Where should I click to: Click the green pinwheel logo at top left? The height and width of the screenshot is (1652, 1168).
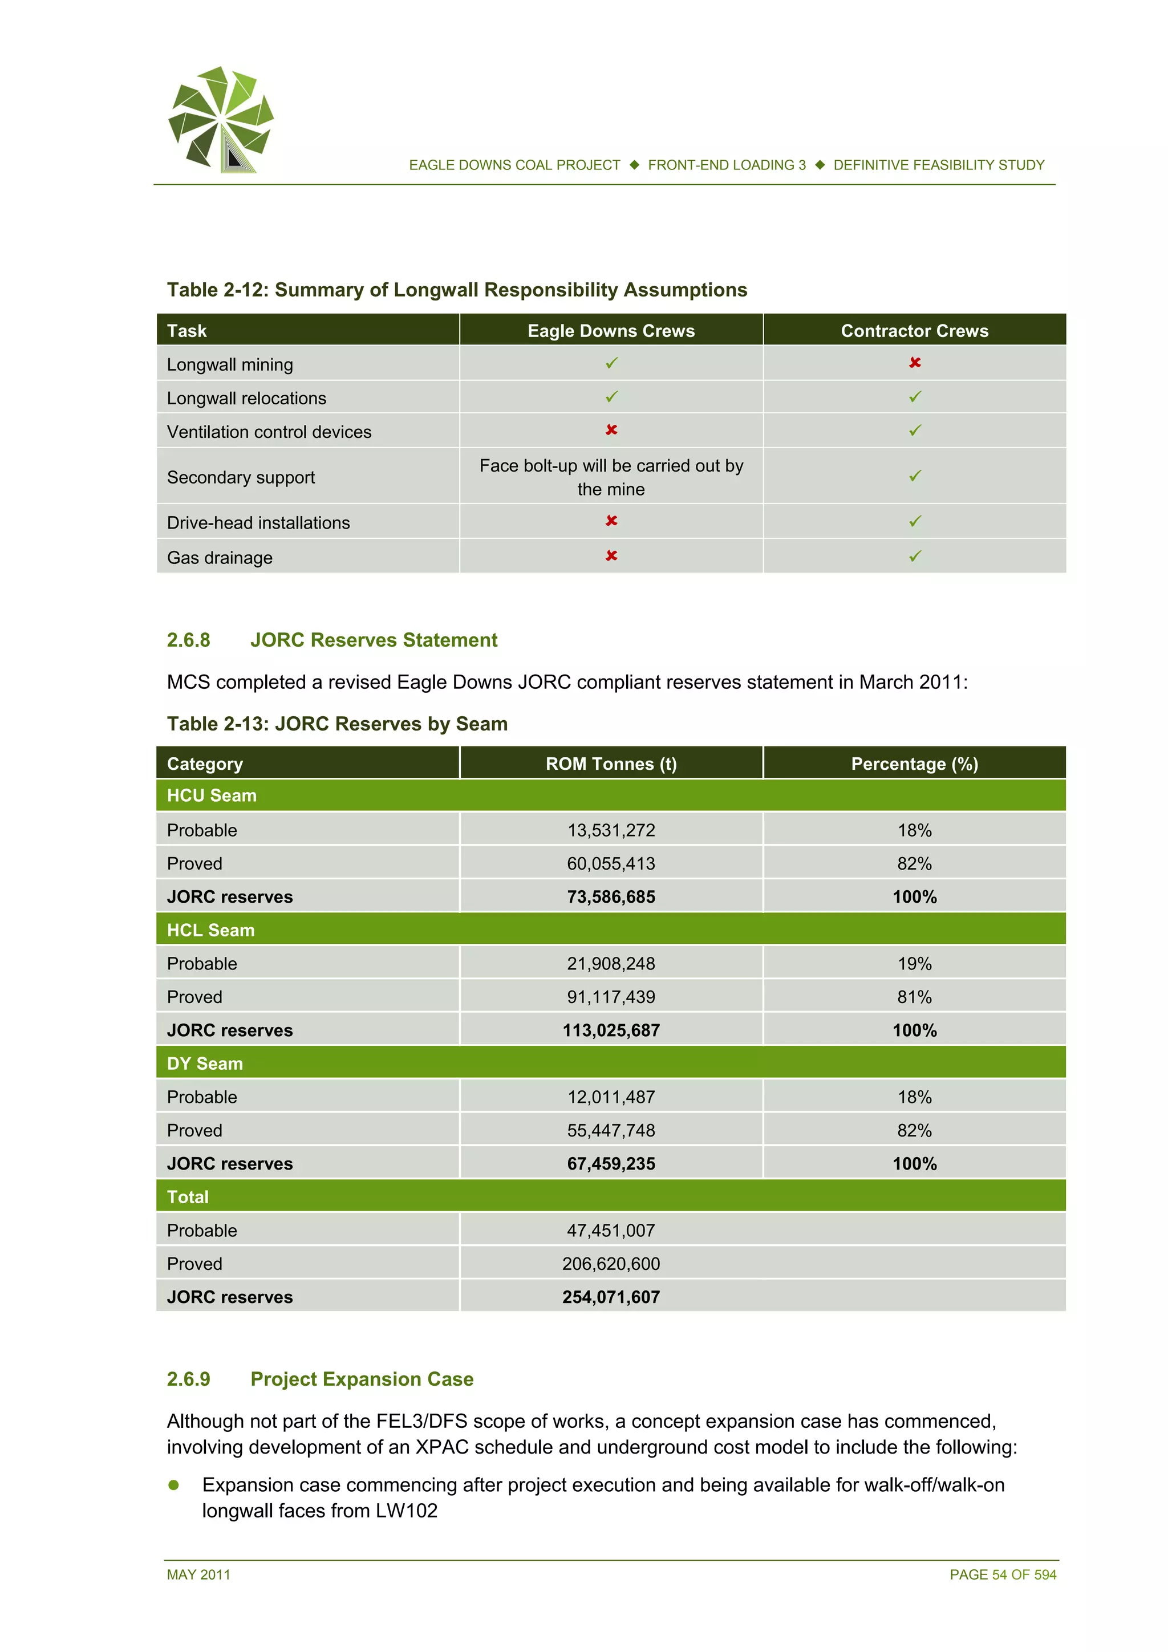(x=220, y=119)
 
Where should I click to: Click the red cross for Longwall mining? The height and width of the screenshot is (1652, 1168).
(x=914, y=363)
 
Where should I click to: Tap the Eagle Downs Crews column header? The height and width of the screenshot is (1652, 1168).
(x=610, y=331)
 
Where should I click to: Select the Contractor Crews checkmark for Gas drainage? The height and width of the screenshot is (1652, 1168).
(x=914, y=556)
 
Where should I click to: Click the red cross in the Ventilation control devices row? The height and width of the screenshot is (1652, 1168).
(x=611, y=431)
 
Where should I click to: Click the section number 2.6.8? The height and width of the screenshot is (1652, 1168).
(x=189, y=640)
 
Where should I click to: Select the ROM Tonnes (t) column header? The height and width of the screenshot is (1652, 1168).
(x=610, y=764)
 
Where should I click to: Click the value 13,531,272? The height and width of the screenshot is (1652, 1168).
(x=610, y=830)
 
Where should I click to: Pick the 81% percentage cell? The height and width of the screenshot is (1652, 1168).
(x=914, y=997)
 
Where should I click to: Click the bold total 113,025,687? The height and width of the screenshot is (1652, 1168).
(x=610, y=1030)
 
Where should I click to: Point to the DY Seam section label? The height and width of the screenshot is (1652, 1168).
(x=205, y=1064)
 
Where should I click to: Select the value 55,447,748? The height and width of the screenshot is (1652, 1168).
(x=610, y=1130)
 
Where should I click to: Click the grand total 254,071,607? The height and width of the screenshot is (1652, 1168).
(x=610, y=1297)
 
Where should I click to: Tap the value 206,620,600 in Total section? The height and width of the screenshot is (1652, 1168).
(x=610, y=1264)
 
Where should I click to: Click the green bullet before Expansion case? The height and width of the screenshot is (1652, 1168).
(x=173, y=1485)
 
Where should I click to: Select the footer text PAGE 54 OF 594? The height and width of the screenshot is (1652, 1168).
(x=1003, y=1575)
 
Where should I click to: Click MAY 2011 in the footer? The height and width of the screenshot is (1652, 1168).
(x=198, y=1575)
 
